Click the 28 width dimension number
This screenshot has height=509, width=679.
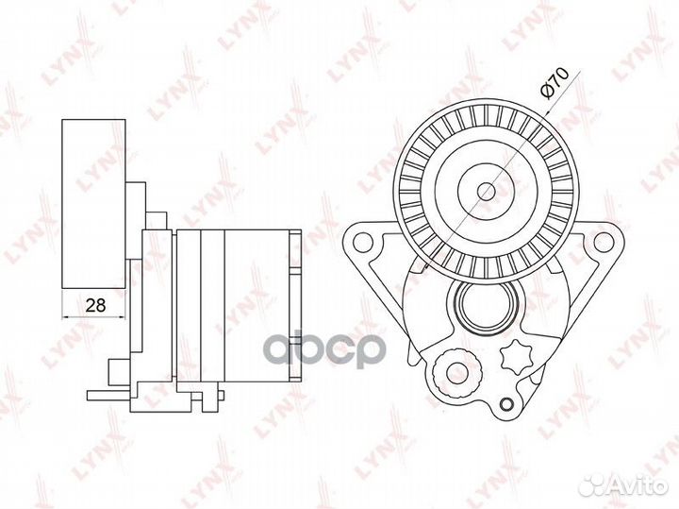click(x=95, y=305)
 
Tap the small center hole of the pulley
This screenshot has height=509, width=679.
click(x=486, y=191)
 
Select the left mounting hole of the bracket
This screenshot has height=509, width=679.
click(x=363, y=243)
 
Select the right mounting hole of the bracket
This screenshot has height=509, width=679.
click(x=602, y=243)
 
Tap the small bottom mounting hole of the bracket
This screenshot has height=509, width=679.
click(x=505, y=404)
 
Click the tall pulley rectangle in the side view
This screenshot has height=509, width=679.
click(x=94, y=204)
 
